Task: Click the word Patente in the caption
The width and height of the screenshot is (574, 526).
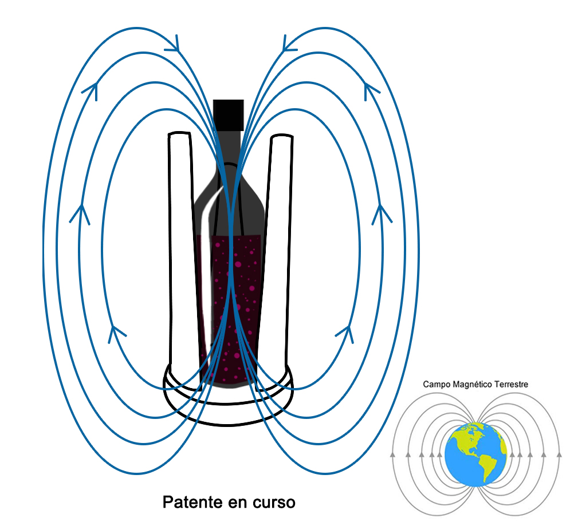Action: point(191,503)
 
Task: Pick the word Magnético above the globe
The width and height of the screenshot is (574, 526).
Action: point(470,385)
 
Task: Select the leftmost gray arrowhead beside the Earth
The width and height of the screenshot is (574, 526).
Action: point(392,455)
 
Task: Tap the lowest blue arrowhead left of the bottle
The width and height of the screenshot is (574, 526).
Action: point(117,331)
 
